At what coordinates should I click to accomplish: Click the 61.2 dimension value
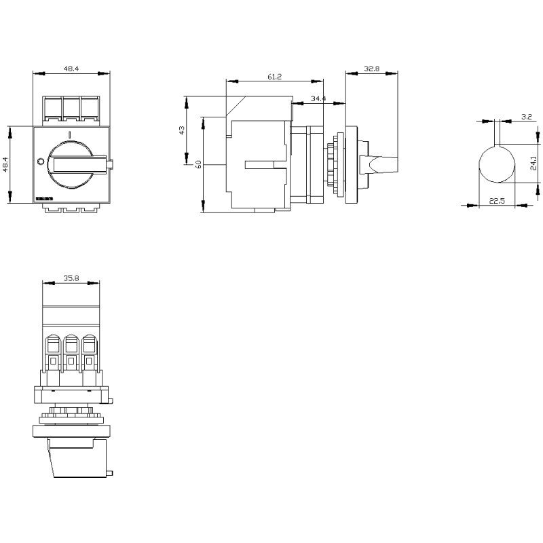274,77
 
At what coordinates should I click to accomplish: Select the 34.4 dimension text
318,99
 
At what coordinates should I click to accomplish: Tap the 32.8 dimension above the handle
371,69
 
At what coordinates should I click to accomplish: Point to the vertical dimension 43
181,130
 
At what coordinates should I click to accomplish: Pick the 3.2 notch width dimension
526,117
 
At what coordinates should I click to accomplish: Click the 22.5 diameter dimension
497,200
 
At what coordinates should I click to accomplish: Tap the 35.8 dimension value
71,278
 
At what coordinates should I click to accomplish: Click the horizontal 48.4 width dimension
71,69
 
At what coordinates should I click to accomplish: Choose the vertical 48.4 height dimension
5,164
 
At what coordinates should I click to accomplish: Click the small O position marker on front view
39,162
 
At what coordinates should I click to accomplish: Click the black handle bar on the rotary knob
80,164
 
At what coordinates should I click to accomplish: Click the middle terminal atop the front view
71,109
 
